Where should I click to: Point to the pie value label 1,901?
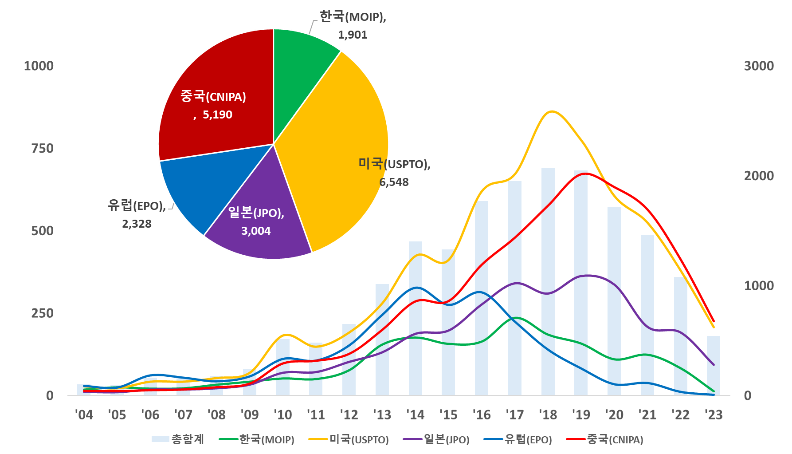tap(353, 35)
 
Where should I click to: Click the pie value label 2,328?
tap(137, 224)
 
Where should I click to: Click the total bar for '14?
tap(416, 320)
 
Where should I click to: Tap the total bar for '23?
tap(714, 366)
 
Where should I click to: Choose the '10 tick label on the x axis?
tap(283, 415)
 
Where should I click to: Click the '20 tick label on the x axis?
tap(614, 415)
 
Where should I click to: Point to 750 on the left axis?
tap(42, 149)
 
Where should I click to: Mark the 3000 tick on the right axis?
tap(759, 66)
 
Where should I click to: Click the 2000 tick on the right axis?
tap(759, 176)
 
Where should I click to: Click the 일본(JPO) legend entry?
tap(436, 439)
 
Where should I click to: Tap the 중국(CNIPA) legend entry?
tap(605, 439)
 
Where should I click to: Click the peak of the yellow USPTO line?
tap(551, 111)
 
